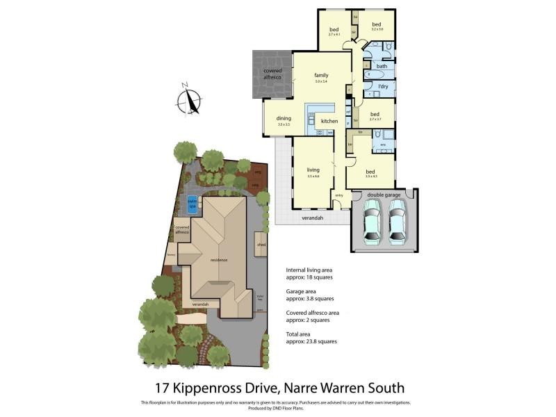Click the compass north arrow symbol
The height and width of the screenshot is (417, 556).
189,101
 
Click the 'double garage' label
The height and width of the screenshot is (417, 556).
383,195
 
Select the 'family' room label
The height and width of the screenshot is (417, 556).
320,75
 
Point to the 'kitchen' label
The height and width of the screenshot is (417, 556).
329,121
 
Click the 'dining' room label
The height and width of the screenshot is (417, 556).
284,118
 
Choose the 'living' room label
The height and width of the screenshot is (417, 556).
313,169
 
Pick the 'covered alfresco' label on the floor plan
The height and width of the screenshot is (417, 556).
272,74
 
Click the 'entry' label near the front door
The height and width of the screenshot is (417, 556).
339,195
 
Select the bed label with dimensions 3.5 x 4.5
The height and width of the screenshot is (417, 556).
370,172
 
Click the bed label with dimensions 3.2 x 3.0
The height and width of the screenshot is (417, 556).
377,25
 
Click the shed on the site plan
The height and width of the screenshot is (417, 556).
261,244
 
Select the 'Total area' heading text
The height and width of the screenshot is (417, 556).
302,335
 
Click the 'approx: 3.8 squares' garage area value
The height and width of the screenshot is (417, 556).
309,298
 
